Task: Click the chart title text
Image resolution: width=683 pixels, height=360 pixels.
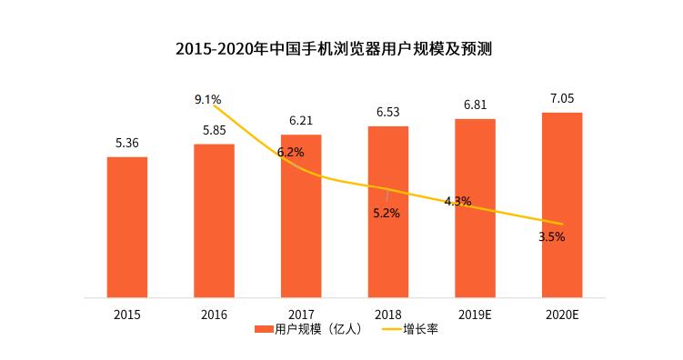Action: pos(340,47)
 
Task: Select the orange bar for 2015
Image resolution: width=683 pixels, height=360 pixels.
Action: pos(126,227)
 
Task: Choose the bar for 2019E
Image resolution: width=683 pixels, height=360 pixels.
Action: pos(475,208)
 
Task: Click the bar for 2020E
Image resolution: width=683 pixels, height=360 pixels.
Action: pos(562,205)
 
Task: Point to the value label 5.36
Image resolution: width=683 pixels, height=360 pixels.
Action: pos(126,143)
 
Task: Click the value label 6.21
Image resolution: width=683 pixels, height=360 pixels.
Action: pos(301,120)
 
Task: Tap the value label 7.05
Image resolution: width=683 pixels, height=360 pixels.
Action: pos(562,98)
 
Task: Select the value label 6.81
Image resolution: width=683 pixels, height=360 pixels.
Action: pos(475,105)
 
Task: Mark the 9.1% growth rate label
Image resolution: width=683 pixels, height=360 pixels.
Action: pos(208,98)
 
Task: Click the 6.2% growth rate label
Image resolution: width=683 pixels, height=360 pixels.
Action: pos(291,152)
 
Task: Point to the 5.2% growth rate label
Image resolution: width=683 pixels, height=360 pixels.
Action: pos(386,214)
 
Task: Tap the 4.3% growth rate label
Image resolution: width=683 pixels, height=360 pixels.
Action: pos(457,201)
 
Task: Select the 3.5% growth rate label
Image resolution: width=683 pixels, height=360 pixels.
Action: pos(551,236)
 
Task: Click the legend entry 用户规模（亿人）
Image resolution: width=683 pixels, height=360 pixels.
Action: pos(309,329)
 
